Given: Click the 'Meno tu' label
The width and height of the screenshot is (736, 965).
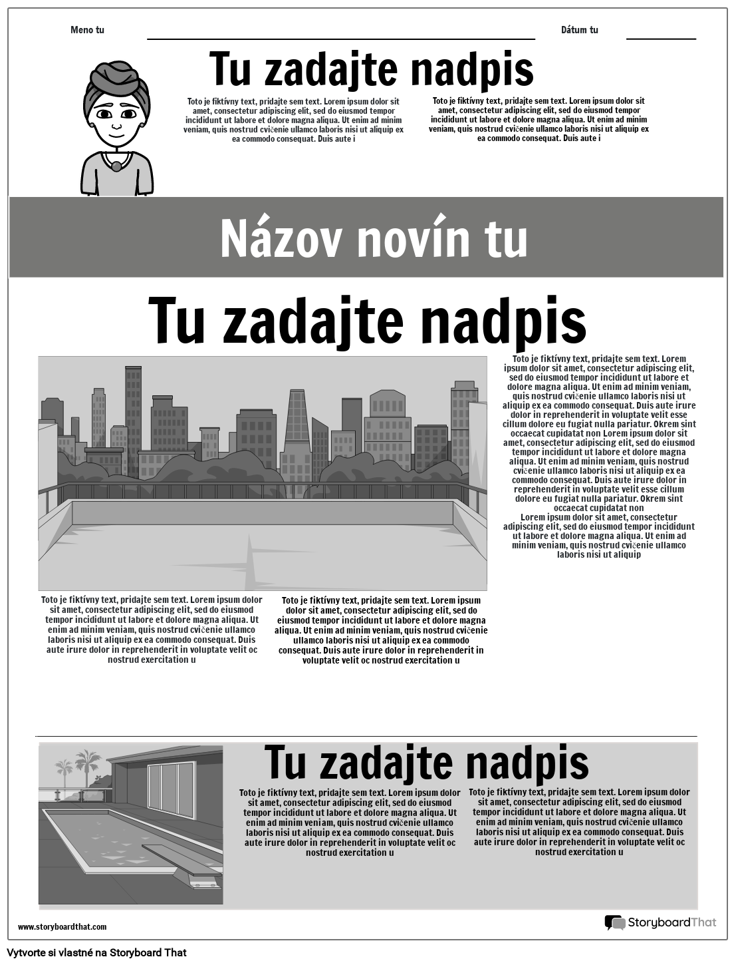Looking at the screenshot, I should (87, 30).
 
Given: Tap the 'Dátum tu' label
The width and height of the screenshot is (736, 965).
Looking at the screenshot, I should (579, 30).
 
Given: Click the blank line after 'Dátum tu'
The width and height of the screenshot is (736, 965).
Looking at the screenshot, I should (661, 39).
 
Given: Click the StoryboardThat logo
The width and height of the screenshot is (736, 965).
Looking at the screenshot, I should (660, 922).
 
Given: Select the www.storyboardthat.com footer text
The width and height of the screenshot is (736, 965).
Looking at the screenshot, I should (62, 926).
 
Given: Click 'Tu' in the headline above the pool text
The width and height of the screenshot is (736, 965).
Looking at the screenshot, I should (286, 763).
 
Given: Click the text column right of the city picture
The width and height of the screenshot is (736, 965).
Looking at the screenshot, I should (599, 457).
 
